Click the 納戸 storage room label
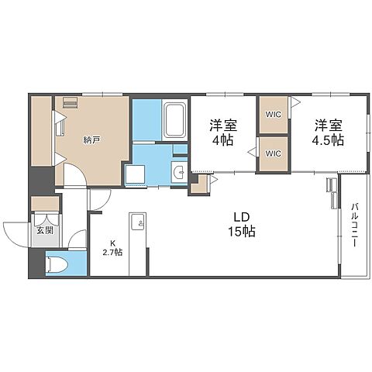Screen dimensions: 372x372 point(91,140)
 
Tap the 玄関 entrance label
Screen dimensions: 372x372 point(45,230)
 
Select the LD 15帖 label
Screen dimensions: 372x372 point(242,225)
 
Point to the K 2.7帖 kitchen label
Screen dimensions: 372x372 point(112,248)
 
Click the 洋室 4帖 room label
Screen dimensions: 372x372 point(223,133)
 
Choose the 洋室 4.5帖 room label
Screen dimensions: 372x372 point(328,133)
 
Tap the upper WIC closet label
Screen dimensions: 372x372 point(274,115)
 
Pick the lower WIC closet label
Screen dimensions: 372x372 point(274,153)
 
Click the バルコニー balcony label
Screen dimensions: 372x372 point(354,225)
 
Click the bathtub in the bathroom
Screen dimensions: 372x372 point(175,120)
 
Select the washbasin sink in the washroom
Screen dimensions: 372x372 point(179,171)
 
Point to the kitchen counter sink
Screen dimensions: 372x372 point(138,222)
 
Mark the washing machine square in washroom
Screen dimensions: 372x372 point(135,174)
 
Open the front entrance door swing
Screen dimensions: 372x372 point(15,235)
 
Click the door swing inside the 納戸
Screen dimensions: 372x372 point(75,174)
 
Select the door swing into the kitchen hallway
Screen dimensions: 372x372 point(99,199)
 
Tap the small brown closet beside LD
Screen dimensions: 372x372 point(199,184)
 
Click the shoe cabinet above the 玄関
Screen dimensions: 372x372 point(45,204)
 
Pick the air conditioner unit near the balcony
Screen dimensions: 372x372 point(332,193)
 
